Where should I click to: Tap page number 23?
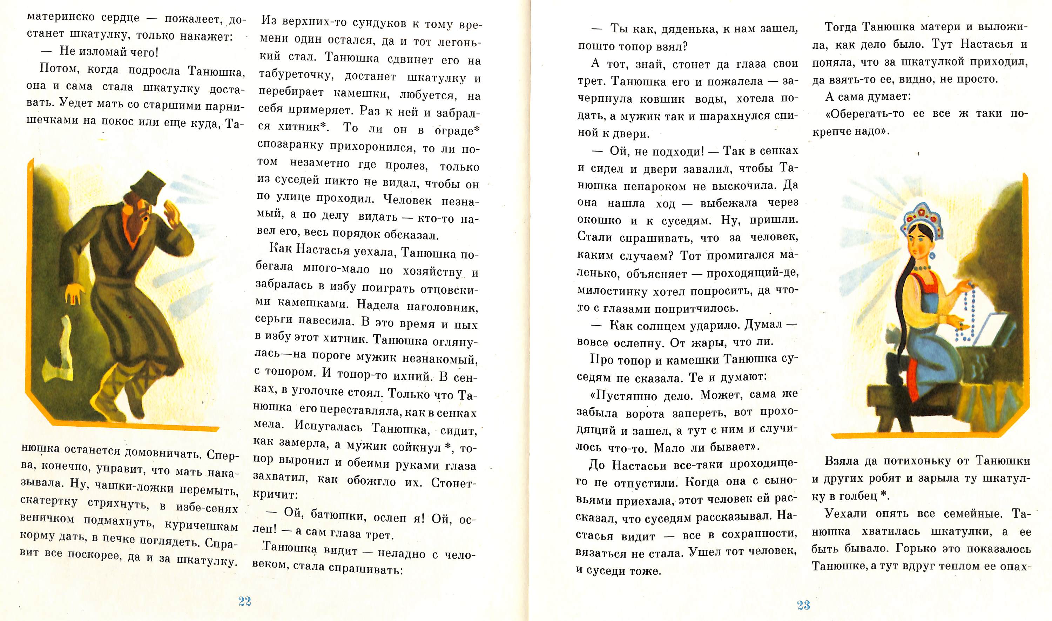coord(803,605)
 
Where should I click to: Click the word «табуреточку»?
coord(296,75)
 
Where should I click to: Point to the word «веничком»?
coord(47,519)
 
